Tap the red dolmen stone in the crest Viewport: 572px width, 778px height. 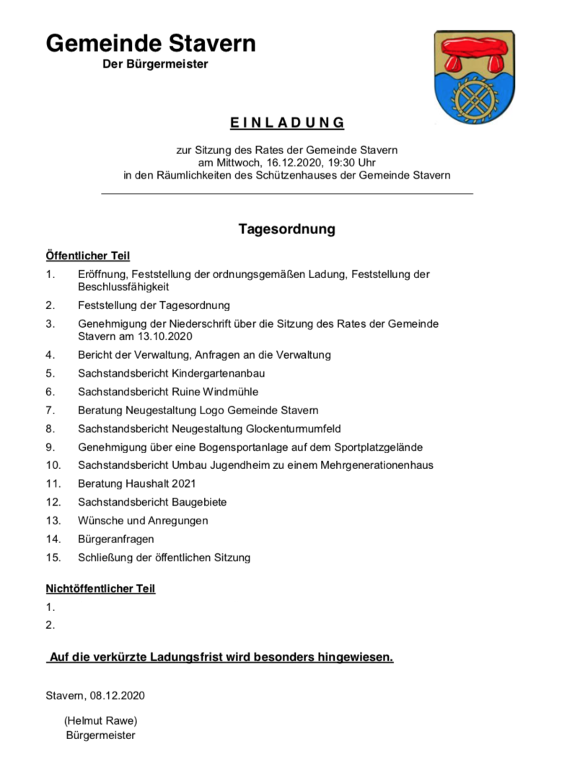[474, 55]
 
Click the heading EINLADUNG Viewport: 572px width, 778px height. [287, 123]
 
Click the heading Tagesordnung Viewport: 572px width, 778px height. [287, 230]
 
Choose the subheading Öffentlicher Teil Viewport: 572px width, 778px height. [88, 256]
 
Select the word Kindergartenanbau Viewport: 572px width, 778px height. [224, 373]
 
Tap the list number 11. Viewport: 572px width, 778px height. [52, 483]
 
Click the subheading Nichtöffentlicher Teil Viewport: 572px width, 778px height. [100, 589]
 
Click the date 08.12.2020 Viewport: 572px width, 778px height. [118, 695]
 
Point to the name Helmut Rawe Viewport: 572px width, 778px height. [100, 720]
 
